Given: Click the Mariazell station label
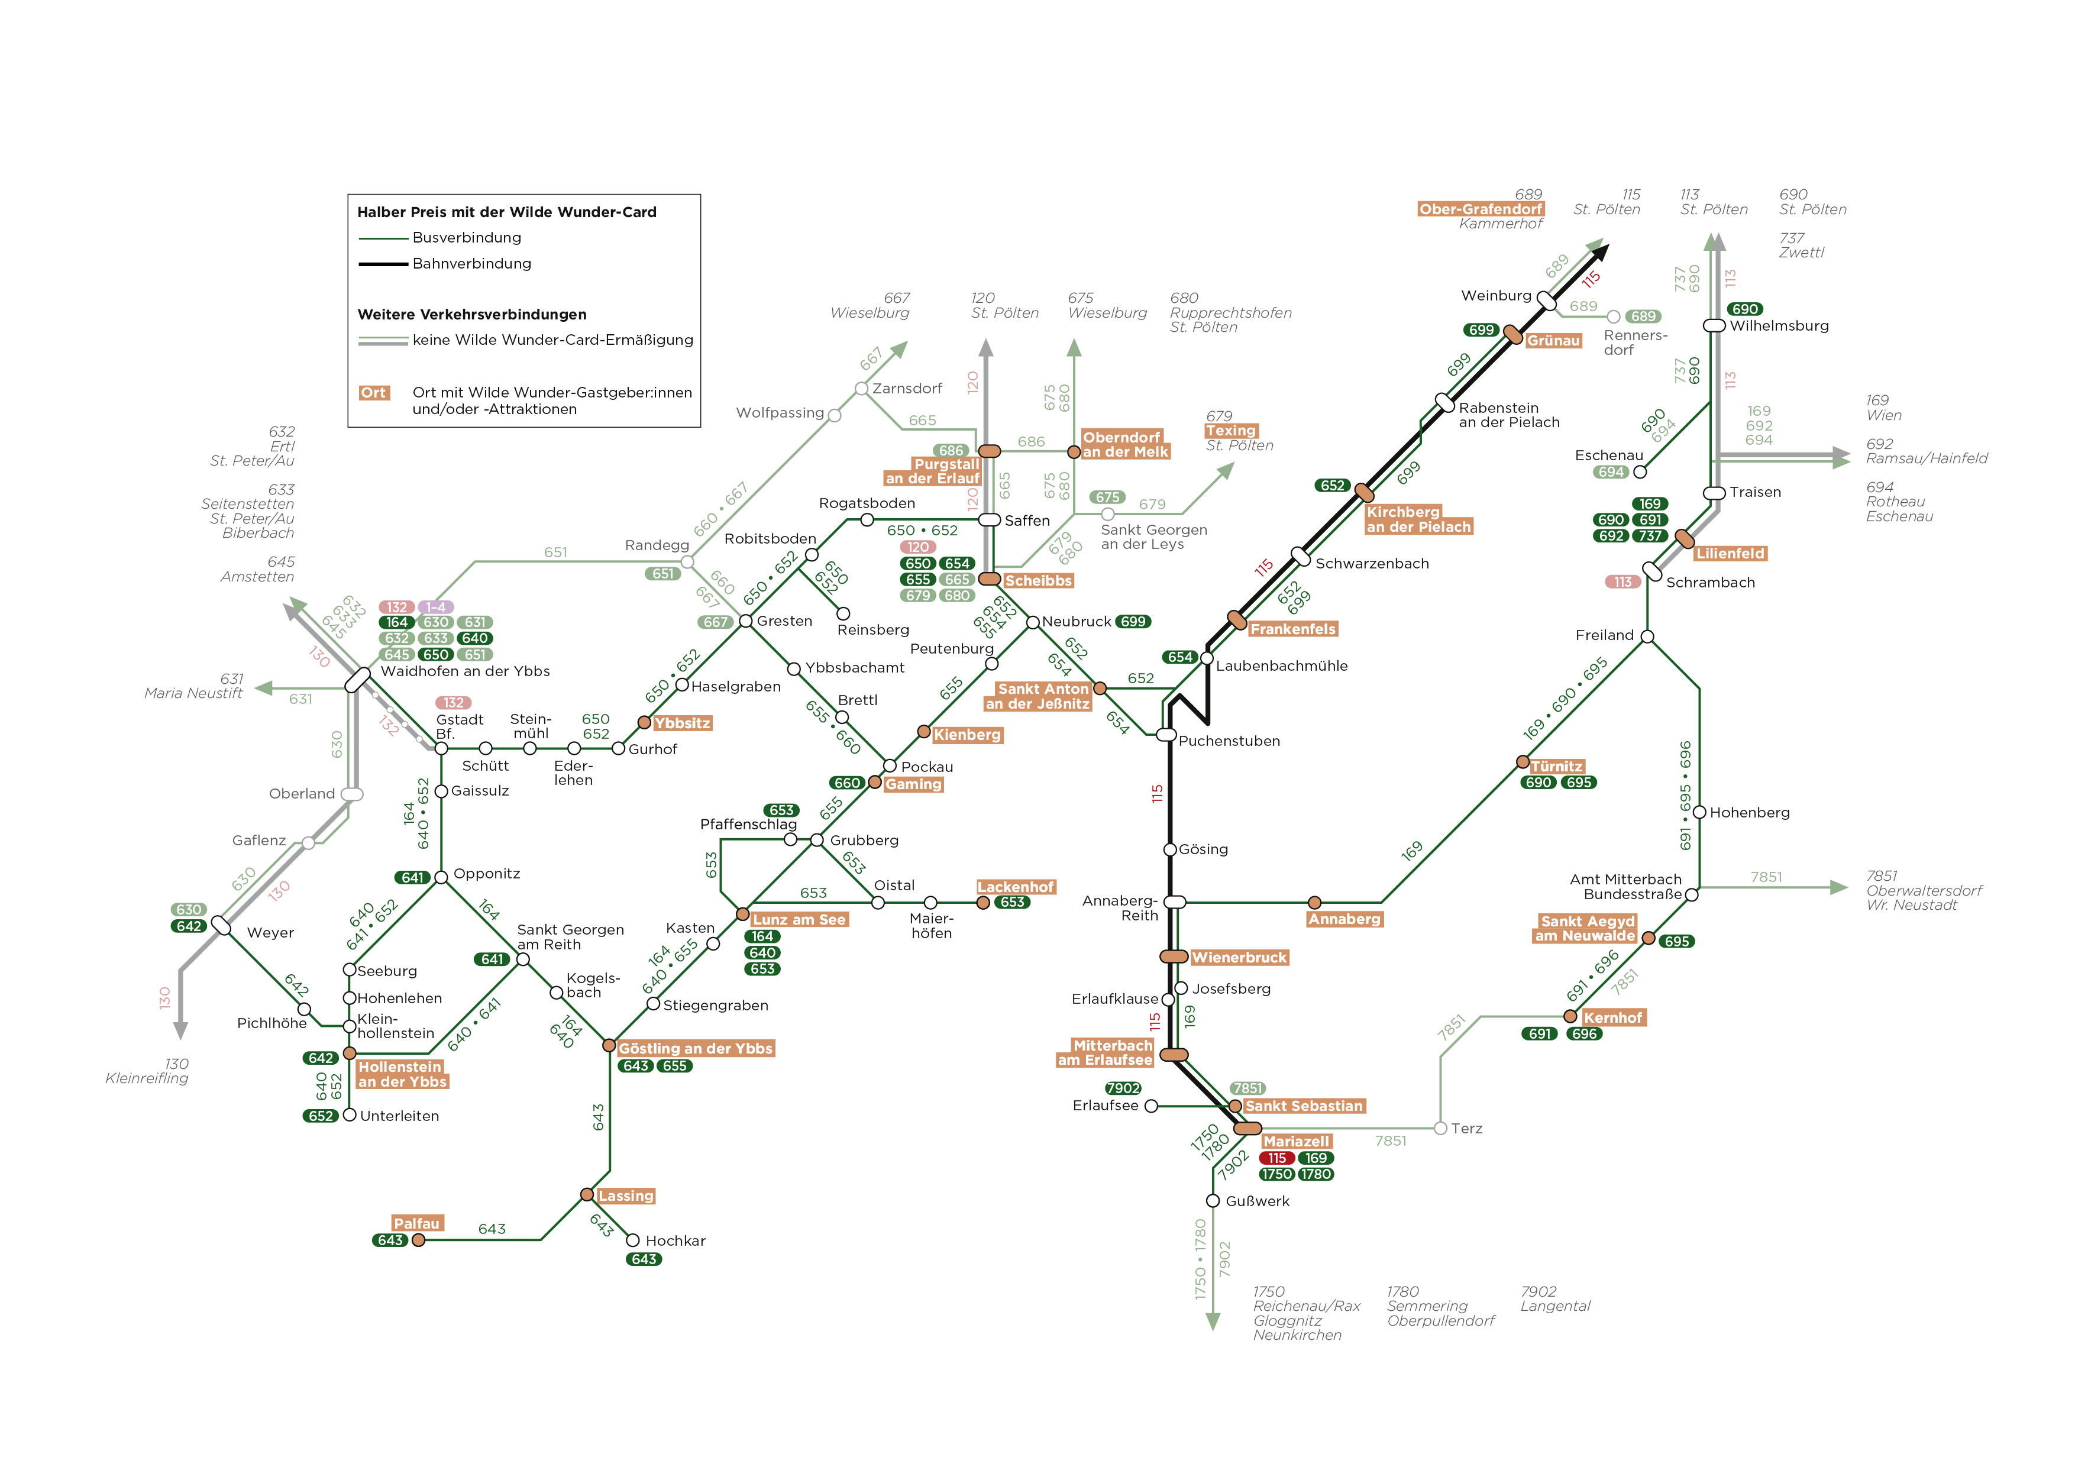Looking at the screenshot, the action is (x=1296, y=1142).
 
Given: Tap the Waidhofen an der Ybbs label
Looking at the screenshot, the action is (x=464, y=671).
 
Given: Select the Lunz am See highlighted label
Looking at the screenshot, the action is (x=799, y=920).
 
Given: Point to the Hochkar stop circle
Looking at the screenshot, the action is (x=633, y=1241).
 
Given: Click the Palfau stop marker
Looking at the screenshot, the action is (x=418, y=1240).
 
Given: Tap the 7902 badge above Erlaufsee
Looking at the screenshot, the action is (x=1123, y=1088).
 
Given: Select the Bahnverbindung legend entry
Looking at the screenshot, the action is (x=445, y=264).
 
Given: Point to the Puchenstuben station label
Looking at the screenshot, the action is (x=1229, y=741).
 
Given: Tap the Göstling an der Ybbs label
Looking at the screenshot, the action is (x=696, y=1049).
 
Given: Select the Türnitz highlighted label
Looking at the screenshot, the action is (x=1556, y=767).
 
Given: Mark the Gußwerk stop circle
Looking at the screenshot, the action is (x=1213, y=1201).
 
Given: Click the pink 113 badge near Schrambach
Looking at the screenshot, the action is (x=1623, y=582).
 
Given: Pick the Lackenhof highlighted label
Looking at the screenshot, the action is (x=1016, y=888).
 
